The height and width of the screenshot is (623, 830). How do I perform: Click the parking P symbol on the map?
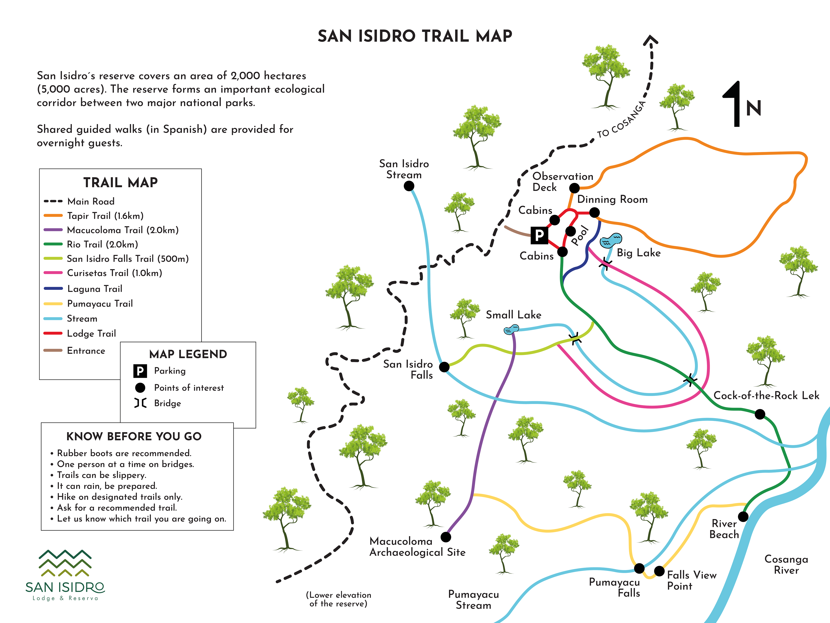539,235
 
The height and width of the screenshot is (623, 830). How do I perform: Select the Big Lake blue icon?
610,240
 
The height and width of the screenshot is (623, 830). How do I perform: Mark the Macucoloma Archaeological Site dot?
446,537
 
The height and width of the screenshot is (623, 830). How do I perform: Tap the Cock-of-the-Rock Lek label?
766,396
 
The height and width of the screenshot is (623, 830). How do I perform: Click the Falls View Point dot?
659,571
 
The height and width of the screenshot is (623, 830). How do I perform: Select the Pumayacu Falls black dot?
639,568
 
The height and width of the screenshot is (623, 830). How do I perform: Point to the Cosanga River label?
786,564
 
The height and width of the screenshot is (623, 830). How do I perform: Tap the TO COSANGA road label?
621,119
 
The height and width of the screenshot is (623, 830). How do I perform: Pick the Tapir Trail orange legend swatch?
53,216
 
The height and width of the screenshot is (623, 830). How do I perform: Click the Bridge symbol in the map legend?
140,403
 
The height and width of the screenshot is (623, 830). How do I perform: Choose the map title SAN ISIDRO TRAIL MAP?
415,36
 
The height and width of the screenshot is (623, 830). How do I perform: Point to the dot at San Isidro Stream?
409,186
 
